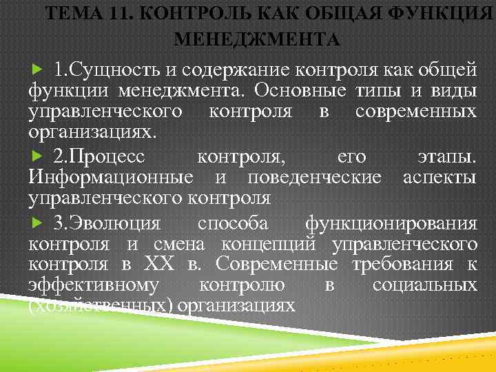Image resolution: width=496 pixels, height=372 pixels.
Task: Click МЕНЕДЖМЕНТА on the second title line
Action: pyautogui.click(x=257, y=39)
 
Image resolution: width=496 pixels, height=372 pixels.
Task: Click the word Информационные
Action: pyautogui.click(x=111, y=178)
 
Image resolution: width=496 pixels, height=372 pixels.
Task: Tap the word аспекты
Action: pyautogui.click(x=439, y=178)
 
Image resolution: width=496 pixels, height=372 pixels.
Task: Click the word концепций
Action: pyautogui.click(x=271, y=245)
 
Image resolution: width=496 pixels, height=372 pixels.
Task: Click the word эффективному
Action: pyautogui.click(x=94, y=286)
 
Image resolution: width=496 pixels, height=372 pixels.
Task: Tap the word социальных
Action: pyautogui.click(x=424, y=286)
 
